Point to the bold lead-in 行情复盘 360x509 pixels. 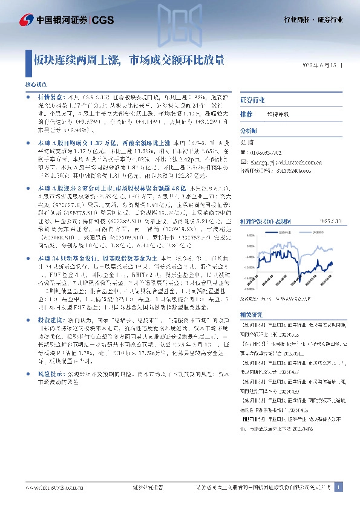pos(49,96)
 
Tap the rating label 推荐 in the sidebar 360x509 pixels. pos(246,114)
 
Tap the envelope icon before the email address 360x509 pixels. pos(244,162)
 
